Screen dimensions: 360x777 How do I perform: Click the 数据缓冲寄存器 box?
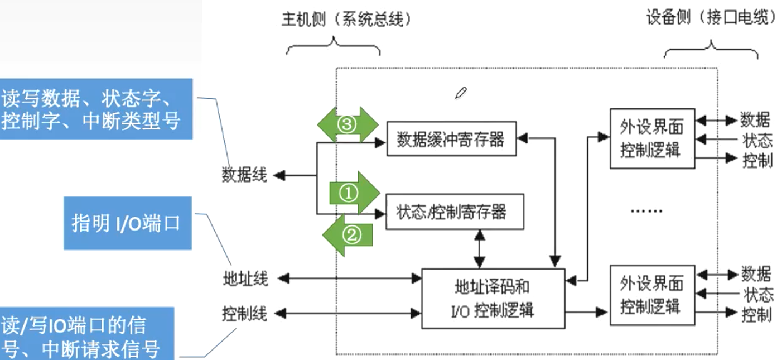[451, 139]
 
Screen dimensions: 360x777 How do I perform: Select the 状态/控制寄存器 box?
[455, 212]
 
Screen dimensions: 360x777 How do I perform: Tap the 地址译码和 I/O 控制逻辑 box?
[493, 298]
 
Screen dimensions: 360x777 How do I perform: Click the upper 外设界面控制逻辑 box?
[652, 139]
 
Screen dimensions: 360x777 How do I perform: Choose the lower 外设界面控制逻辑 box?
[652, 295]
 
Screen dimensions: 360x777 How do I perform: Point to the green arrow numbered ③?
[347, 124]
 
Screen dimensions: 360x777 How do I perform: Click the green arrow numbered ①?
[353, 193]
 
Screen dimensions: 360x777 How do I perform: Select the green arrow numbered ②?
[349, 235]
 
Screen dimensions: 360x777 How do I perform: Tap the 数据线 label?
[244, 175]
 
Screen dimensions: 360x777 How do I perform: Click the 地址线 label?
[245, 278]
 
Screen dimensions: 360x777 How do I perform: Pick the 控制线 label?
[244, 314]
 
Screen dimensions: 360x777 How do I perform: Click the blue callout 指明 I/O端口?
[127, 223]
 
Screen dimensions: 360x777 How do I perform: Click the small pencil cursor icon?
[460, 93]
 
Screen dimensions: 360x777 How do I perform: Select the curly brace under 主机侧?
[333, 47]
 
